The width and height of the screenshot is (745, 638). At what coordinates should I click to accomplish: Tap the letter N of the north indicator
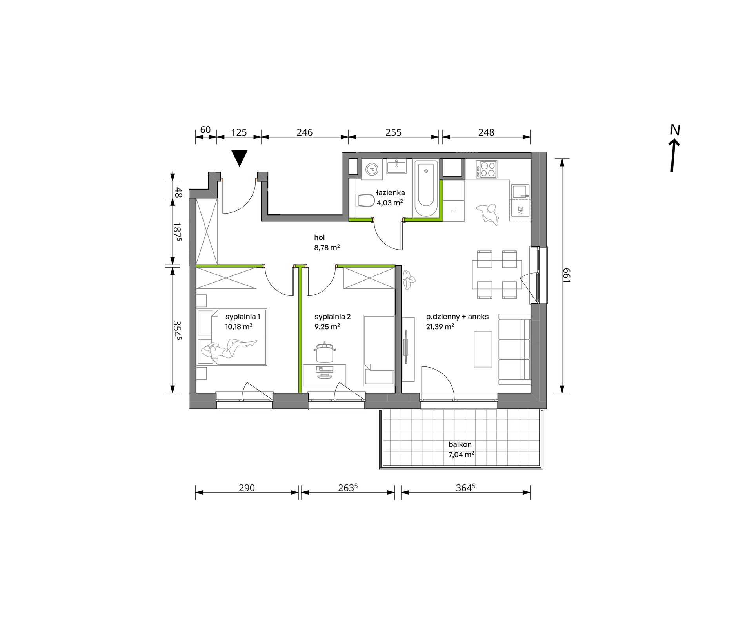tap(674, 130)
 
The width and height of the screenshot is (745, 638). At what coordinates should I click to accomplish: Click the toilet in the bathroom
tap(365, 200)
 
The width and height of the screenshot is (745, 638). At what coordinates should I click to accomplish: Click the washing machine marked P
tap(371, 170)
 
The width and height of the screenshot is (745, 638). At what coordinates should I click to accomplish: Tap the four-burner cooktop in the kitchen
tap(487, 169)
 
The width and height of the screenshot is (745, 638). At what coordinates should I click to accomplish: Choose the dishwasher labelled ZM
tap(520, 210)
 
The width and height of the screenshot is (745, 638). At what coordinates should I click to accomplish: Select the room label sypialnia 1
tap(243, 317)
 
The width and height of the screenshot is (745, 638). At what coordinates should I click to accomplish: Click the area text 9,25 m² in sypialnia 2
tap(327, 326)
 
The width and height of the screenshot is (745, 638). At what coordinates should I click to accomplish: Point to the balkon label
tap(460, 445)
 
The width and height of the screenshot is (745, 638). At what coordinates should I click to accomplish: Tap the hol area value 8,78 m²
tap(327, 247)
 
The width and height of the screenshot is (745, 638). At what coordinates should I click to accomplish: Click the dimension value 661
tap(566, 275)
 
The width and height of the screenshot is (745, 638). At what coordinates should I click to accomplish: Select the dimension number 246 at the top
tap(305, 132)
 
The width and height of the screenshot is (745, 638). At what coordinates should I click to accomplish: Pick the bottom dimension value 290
tap(247, 488)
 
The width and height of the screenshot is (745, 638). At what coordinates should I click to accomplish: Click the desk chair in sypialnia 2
tap(324, 352)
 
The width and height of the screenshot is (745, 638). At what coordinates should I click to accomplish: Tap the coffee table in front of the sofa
tap(483, 349)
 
